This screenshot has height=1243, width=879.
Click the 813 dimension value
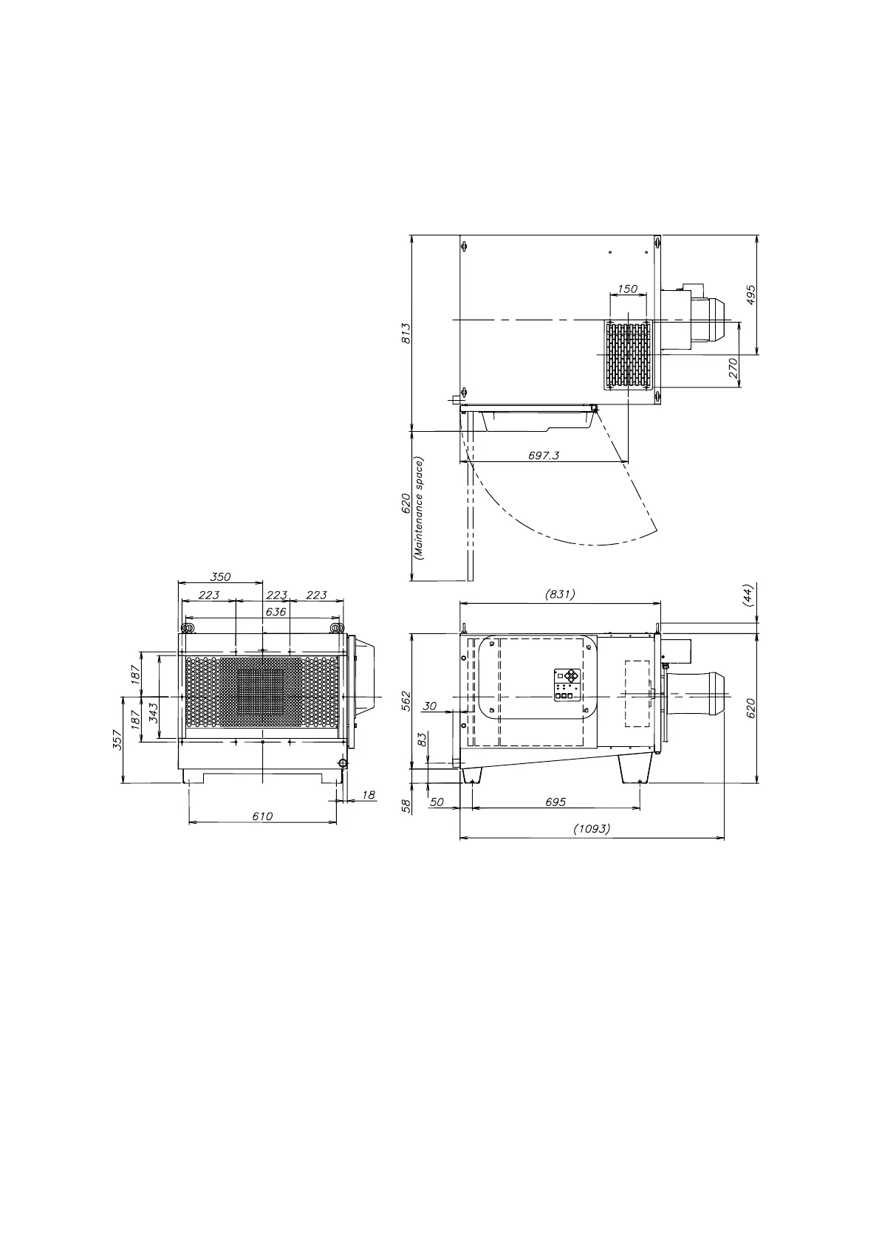pos(406,333)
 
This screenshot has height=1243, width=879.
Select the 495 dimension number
pos(750,295)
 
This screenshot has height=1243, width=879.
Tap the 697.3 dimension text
pos(544,455)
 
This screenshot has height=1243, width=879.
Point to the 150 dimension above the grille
pos(627,289)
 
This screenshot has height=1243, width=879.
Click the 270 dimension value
pos(733,368)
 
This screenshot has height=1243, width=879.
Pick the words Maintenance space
pos(419,509)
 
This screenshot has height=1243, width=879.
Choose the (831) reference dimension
pos(560,594)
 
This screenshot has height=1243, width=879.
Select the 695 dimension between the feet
pos(555,802)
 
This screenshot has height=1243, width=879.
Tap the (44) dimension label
pos(748,596)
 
